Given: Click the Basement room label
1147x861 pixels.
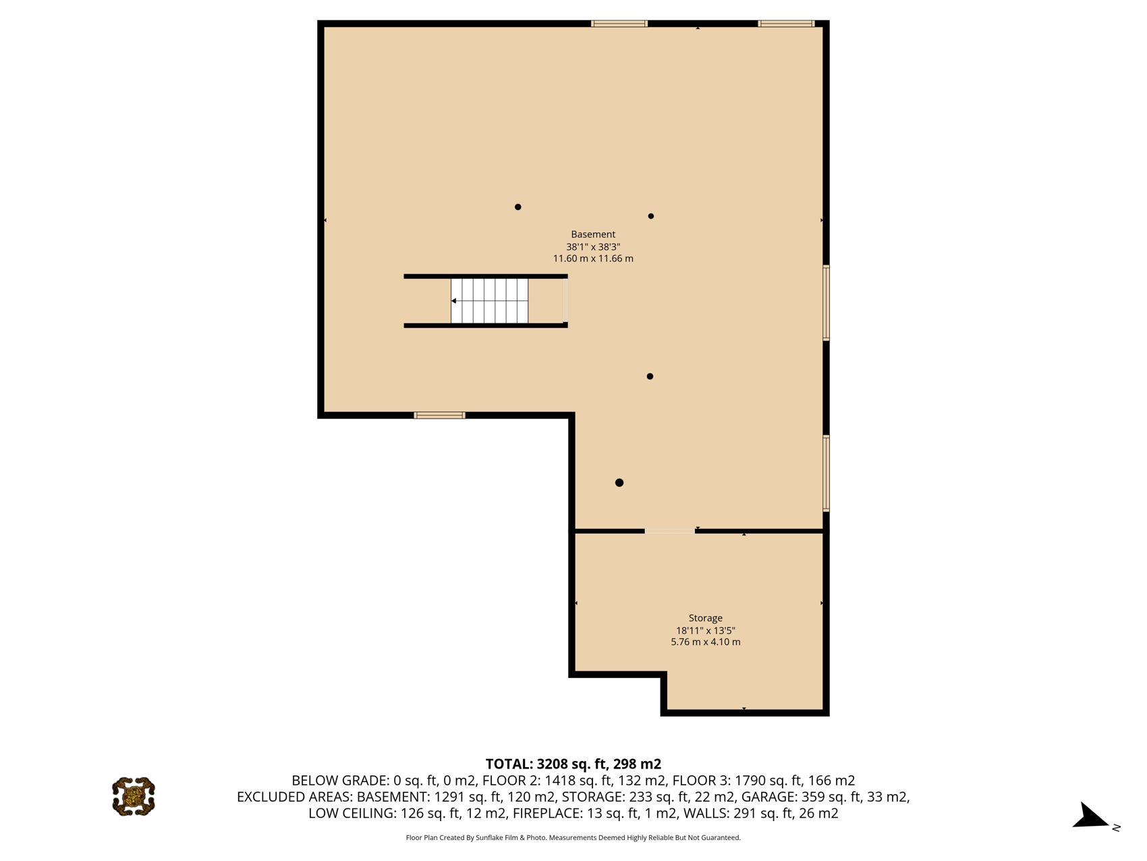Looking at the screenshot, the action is (x=593, y=234).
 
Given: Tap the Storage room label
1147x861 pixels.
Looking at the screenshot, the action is (x=705, y=618).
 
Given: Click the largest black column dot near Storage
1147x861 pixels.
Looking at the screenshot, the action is (x=619, y=483).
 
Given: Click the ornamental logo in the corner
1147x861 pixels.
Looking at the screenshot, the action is (x=134, y=797).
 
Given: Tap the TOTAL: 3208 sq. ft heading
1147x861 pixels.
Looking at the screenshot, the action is (x=573, y=764).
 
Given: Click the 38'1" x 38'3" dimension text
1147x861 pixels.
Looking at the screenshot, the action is (x=593, y=247).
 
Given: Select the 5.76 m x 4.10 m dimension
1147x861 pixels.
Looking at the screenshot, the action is (x=705, y=642).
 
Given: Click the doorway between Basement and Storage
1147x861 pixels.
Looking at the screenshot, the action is (x=669, y=531).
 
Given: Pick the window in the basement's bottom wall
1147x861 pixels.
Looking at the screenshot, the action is (x=439, y=415).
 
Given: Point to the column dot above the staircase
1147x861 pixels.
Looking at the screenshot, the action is (x=518, y=207).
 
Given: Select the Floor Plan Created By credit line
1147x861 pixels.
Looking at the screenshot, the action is (x=573, y=838).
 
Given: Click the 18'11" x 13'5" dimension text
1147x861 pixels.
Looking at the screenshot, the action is (x=705, y=630).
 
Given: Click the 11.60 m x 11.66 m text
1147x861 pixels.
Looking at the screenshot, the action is (x=593, y=259).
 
